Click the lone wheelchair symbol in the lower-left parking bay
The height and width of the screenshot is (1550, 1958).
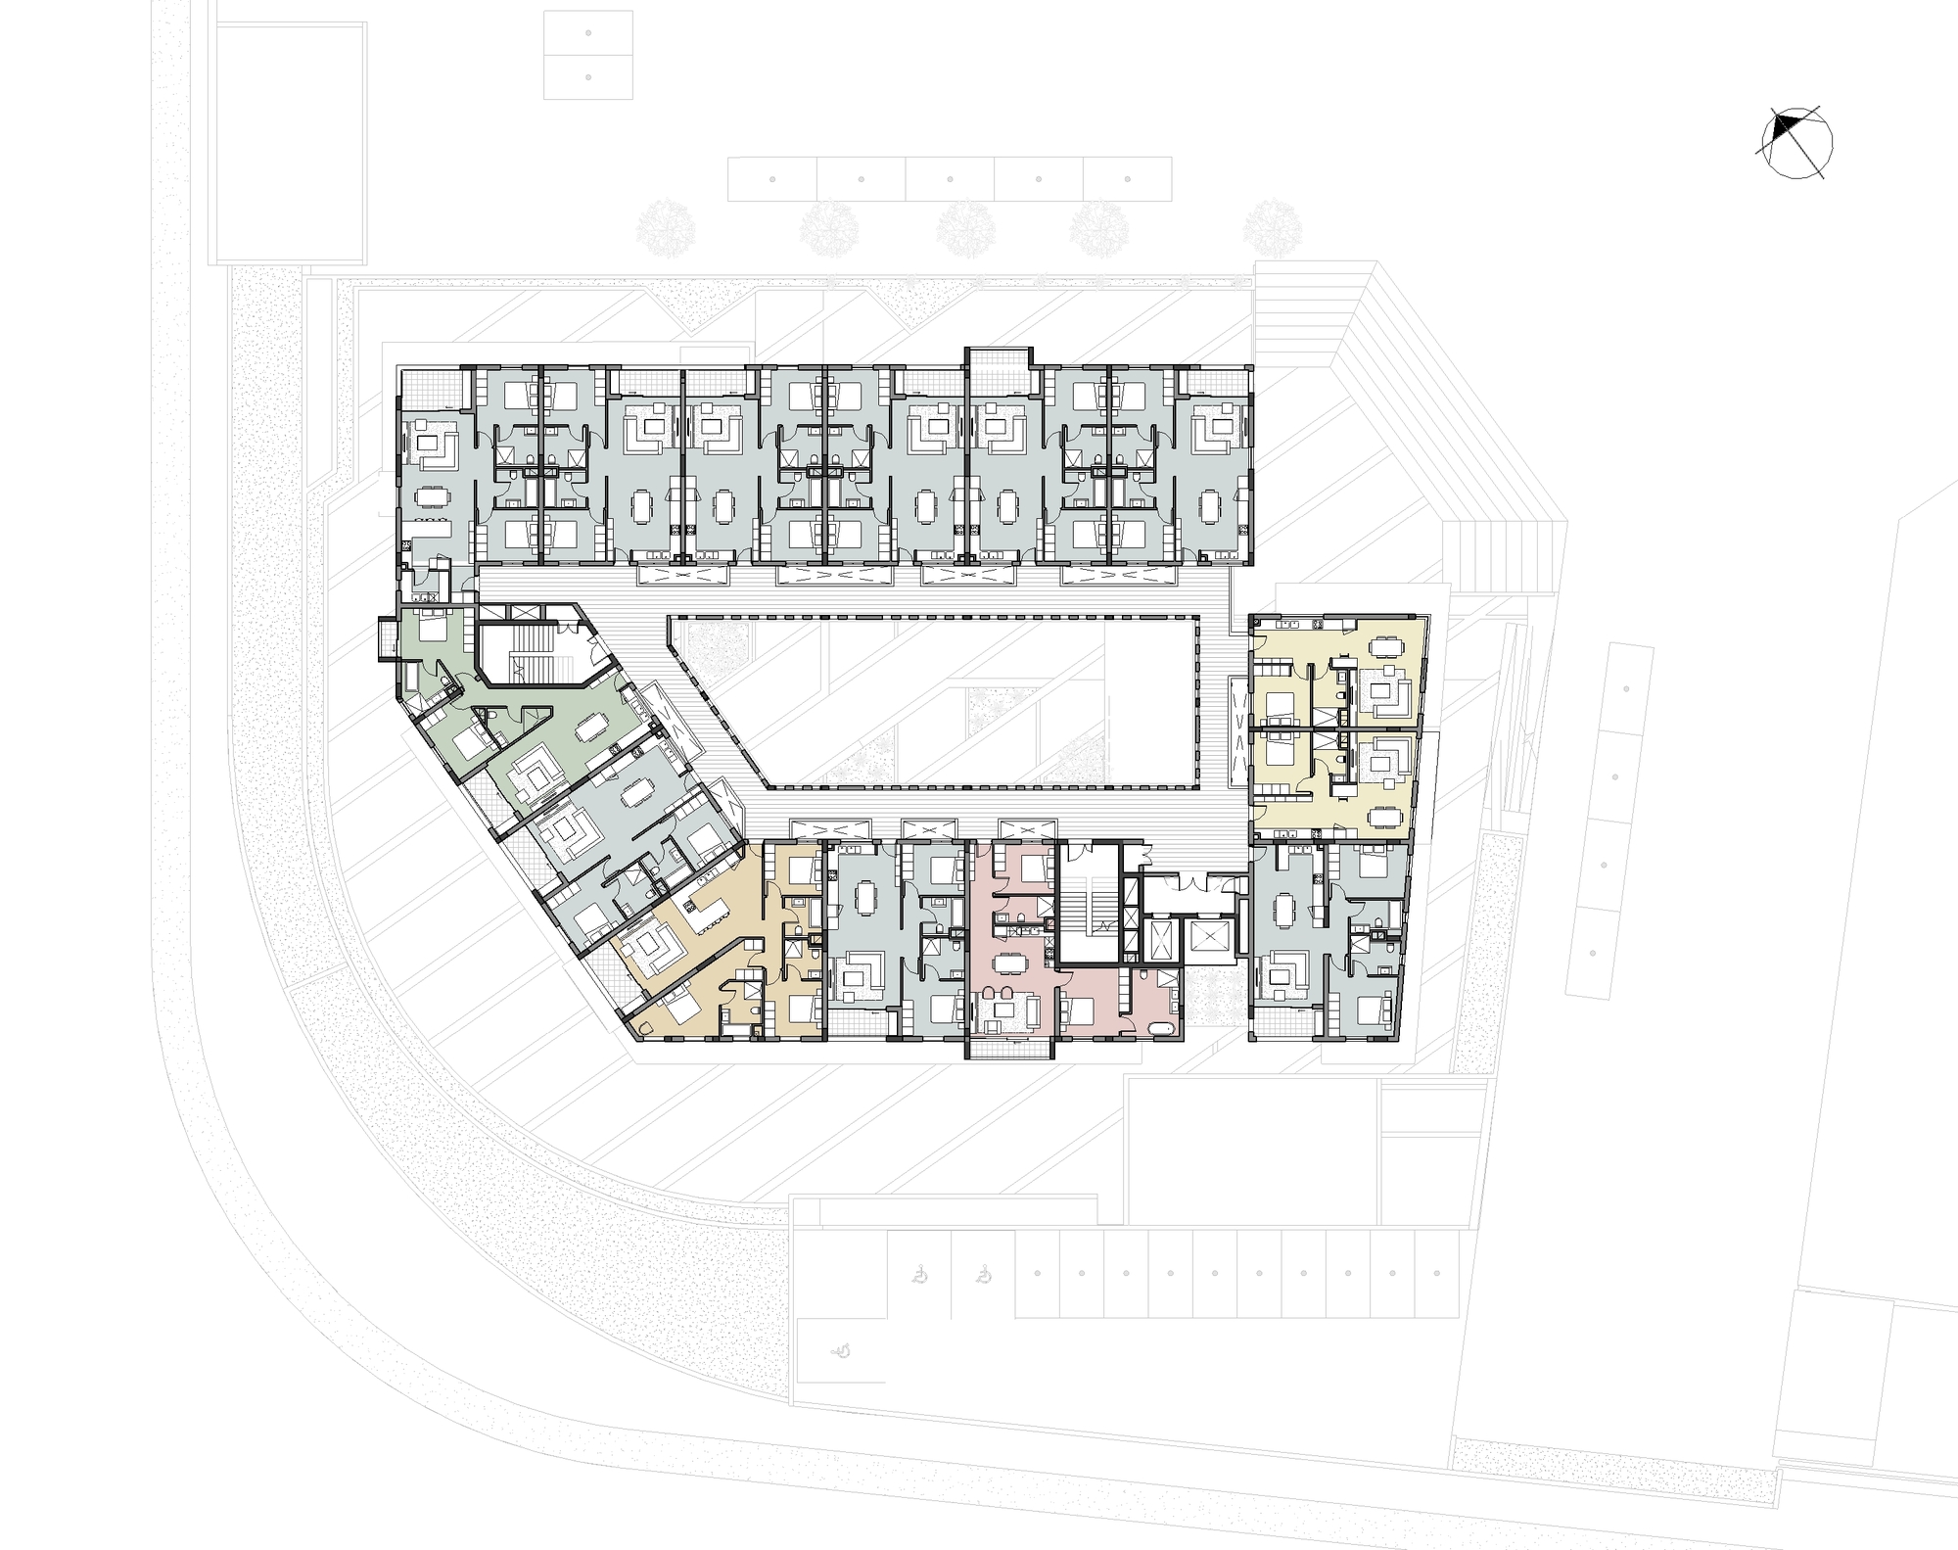(840, 1350)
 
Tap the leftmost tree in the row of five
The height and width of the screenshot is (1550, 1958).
(665, 228)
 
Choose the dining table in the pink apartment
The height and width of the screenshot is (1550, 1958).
(1006, 963)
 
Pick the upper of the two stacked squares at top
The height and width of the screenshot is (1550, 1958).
(587, 34)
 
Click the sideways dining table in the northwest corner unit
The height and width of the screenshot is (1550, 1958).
(428, 496)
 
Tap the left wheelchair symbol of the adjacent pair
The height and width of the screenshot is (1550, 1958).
(919, 1276)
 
